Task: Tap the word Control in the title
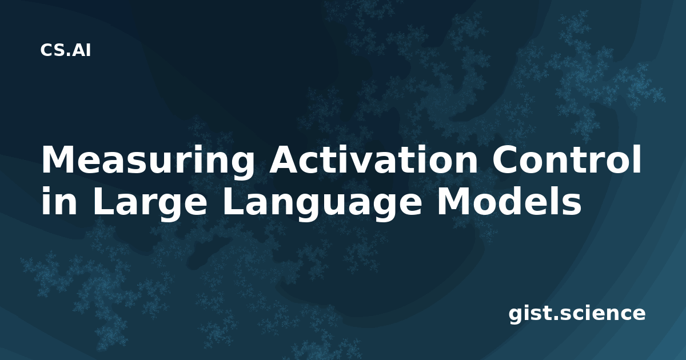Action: click(x=567, y=159)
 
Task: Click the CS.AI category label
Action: click(x=66, y=50)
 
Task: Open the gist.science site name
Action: click(x=577, y=314)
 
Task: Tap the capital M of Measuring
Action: click(x=58, y=159)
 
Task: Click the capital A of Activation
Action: click(x=284, y=159)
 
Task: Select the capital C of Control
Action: click(x=505, y=159)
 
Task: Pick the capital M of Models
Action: click(x=453, y=201)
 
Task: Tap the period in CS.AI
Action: click(x=69, y=55)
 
